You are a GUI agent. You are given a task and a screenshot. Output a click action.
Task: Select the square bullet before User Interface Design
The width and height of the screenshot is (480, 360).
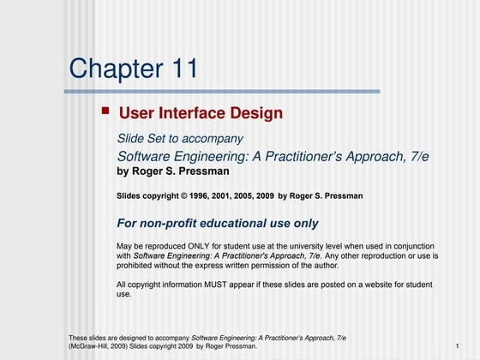tap(105, 111)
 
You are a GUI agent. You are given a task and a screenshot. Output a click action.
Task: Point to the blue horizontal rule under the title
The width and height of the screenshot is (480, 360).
tap(223, 91)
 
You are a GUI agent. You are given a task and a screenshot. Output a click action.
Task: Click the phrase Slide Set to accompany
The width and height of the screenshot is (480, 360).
tap(180, 139)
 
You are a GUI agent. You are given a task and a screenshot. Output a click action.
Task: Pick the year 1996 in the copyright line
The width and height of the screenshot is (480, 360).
tap(198, 196)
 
